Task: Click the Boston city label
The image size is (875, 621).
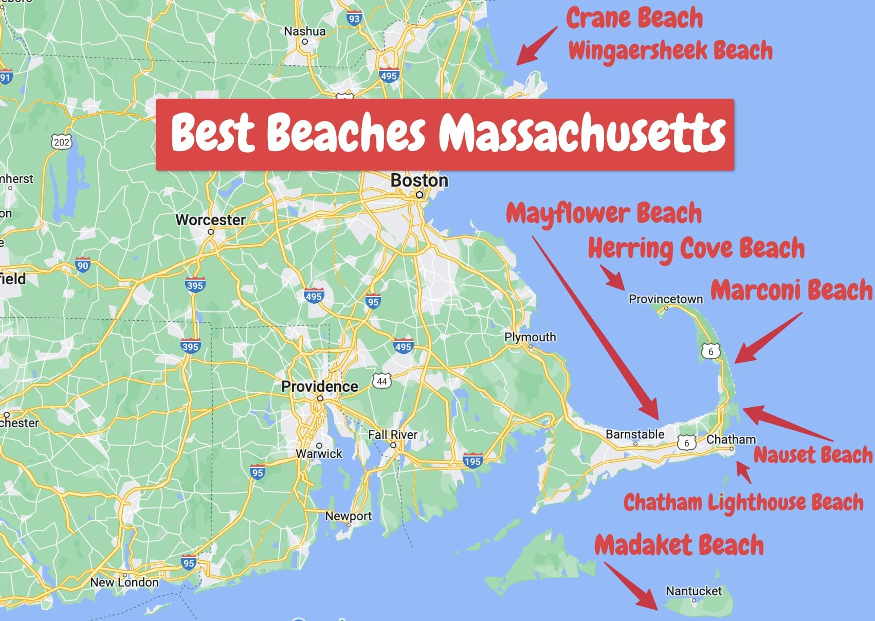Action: pyautogui.click(x=419, y=180)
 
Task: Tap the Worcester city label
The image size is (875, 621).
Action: pyautogui.click(x=210, y=220)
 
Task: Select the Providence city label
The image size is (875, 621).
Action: pyautogui.click(x=319, y=386)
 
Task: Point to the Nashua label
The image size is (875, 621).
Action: pyautogui.click(x=305, y=31)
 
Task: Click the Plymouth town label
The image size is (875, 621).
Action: pyautogui.click(x=530, y=337)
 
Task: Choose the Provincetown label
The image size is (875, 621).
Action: pyautogui.click(x=665, y=299)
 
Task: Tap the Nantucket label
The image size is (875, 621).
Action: pyautogui.click(x=694, y=591)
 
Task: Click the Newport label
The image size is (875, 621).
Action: pyautogui.click(x=348, y=516)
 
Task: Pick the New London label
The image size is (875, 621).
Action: pyautogui.click(x=124, y=582)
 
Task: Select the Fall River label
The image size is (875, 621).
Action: pyautogui.click(x=393, y=435)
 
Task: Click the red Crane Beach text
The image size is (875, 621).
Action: pyautogui.click(x=634, y=19)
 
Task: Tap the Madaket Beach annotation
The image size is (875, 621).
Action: pyautogui.click(x=679, y=545)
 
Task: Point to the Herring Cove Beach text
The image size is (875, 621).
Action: pyautogui.click(x=696, y=249)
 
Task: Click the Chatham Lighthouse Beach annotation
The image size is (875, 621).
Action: pyautogui.click(x=743, y=503)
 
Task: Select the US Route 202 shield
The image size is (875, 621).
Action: pyautogui.click(x=62, y=142)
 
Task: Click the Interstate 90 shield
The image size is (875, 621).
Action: pyautogui.click(x=82, y=265)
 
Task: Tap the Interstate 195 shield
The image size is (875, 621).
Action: pyautogui.click(x=472, y=461)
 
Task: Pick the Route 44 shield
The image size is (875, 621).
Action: pyautogui.click(x=381, y=381)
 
